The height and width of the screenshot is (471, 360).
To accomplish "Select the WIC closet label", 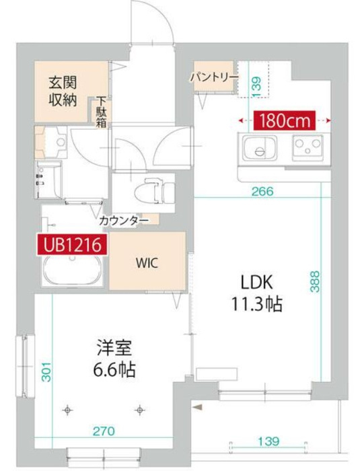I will pyautogui.click(x=149, y=263).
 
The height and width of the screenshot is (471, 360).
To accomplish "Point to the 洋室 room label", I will pyautogui.click(x=112, y=349).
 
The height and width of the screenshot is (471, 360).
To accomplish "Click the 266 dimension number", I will pyautogui.click(x=262, y=191).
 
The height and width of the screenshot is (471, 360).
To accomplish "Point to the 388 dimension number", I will pyautogui.click(x=314, y=280).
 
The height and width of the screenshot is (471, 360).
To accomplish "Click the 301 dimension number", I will pyautogui.click(x=46, y=372).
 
